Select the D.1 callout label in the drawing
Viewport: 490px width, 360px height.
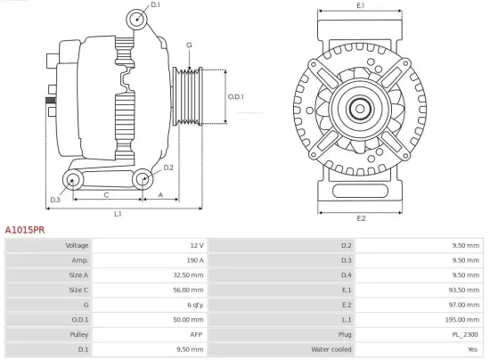coord(156,5)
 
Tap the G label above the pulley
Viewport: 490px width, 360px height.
coord(189,45)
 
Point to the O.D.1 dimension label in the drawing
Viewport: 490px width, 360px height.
coord(236,96)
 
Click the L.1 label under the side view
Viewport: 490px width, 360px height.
coord(117,214)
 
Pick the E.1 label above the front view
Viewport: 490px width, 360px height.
coord(360,6)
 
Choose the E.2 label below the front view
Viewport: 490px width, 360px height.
coord(361,218)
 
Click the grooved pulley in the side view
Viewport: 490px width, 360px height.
coord(188,95)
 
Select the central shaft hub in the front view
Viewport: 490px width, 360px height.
coord(361,109)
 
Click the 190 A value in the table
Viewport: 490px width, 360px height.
coord(195,259)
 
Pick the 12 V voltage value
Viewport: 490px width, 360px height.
coord(197,245)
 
